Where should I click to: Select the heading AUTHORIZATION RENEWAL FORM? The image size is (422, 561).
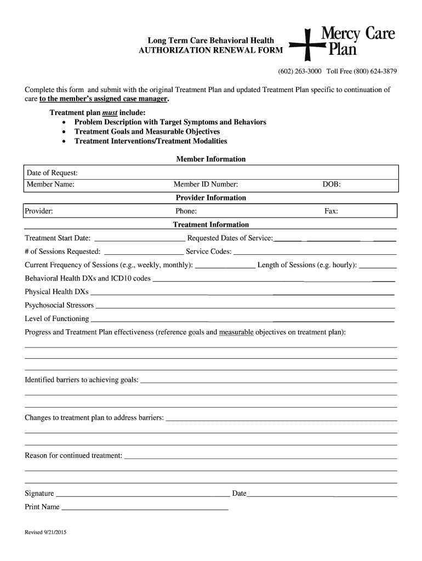[211, 50]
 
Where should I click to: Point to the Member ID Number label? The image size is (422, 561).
[206, 185]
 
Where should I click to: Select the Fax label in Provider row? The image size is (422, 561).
[332, 211]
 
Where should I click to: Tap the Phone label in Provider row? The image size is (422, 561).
[186, 211]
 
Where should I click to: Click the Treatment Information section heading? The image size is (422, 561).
[211, 225]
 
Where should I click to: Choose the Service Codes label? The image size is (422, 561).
[209, 251]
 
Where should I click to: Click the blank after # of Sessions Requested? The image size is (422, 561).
[144, 253]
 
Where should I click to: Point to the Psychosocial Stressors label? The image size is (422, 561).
[59, 305]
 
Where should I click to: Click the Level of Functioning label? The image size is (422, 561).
[57, 318]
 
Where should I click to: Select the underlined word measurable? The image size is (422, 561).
[236, 332]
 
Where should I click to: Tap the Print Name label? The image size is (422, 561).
[42, 507]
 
